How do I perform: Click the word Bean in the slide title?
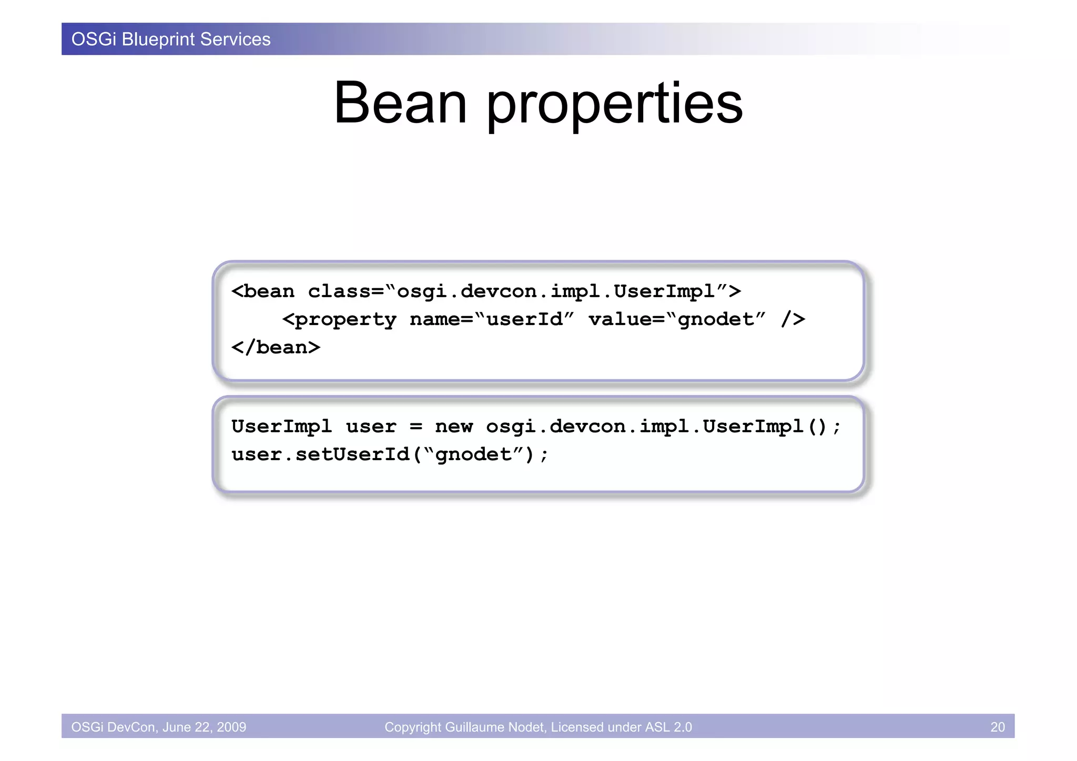click(400, 103)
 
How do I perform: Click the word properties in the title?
click(614, 105)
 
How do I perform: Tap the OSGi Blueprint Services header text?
click(171, 39)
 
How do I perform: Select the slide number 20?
click(997, 727)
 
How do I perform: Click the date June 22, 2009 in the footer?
click(204, 727)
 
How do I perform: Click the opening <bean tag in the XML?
click(263, 291)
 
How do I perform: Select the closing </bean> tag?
click(276, 348)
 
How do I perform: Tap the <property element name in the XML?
click(339, 320)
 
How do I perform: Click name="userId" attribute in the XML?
click(492, 319)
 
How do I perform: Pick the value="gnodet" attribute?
click(676, 319)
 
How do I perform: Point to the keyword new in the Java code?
click(454, 427)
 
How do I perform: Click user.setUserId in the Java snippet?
click(320, 454)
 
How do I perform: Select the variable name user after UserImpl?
click(371, 427)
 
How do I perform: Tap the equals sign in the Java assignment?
click(415, 427)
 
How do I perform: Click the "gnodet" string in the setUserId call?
click(473, 454)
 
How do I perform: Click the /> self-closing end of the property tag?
click(792, 319)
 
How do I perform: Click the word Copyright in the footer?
click(412, 727)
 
